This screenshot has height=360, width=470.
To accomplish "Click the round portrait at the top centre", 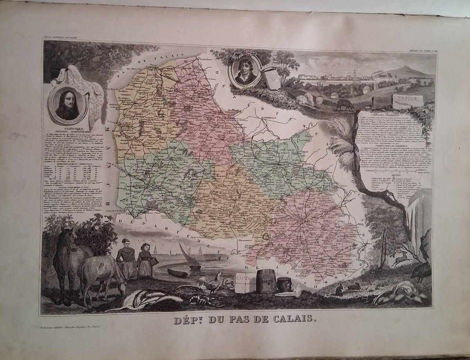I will click(x=245, y=71).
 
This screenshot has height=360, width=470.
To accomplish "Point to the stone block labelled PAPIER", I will click(x=408, y=101).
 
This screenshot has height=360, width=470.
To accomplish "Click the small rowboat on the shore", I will click(x=177, y=273).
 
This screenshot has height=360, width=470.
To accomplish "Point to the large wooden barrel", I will click(x=266, y=281).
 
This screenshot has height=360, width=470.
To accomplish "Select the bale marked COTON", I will click(x=245, y=282).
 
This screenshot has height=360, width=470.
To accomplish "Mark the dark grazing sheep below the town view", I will click(x=345, y=105).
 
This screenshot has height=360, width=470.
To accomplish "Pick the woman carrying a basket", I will click(x=145, y=260).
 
